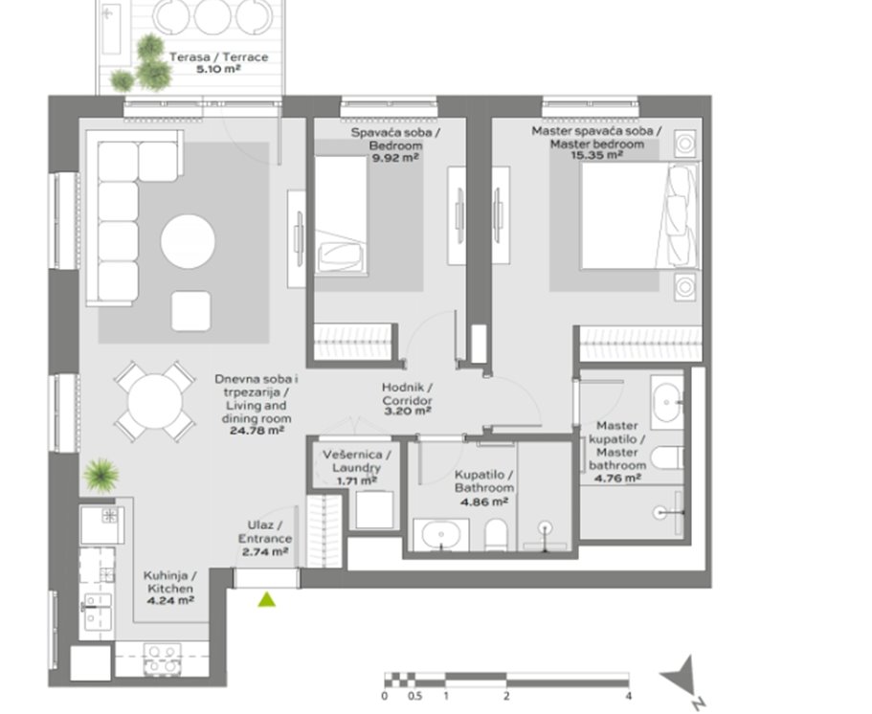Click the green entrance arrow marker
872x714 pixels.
267,599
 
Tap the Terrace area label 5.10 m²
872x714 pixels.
218,70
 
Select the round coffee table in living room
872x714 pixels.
188,242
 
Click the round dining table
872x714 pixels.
155,401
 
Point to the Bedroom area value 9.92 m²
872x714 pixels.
395,157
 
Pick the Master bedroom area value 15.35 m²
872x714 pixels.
596,155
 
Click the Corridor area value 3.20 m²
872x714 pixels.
408,412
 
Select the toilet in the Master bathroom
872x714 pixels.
667,457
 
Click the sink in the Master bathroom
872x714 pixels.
667,402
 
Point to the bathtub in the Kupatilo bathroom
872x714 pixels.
441,536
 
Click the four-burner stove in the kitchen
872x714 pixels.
162,658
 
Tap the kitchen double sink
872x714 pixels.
97,612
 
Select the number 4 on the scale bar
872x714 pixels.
629,696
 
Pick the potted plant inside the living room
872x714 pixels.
101,476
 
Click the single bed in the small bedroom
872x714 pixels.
341,215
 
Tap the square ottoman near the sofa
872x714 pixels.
191,311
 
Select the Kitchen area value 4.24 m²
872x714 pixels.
170,600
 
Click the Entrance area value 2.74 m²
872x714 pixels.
265,551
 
